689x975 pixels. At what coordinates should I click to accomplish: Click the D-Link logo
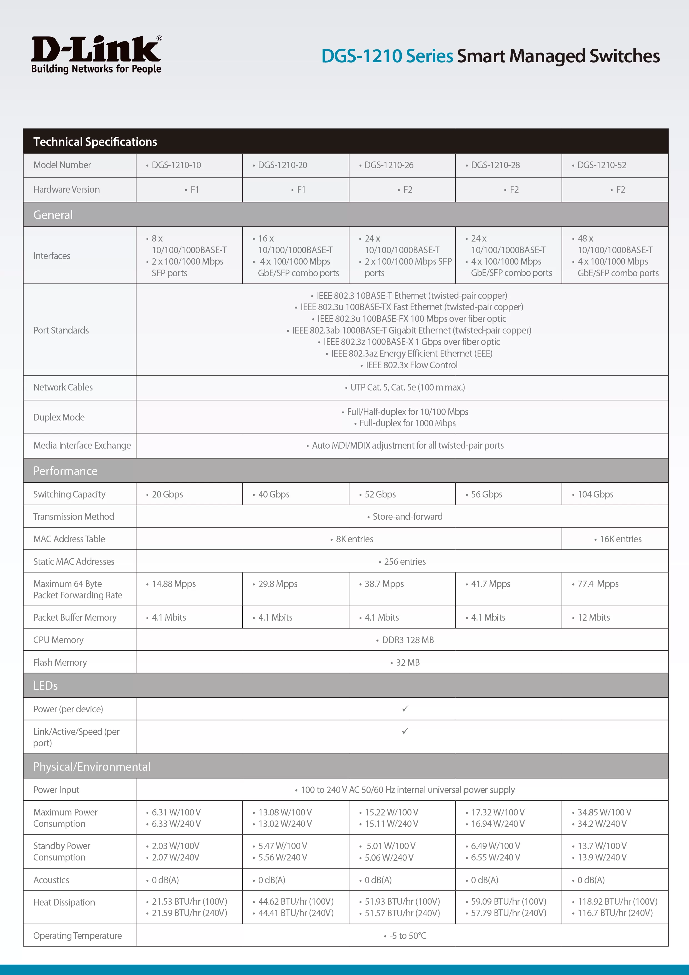click(96, 54)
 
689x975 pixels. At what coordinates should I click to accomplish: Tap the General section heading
click(53, 215)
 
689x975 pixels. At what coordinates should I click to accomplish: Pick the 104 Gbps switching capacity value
click(595, 494)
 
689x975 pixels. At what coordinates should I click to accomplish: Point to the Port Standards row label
click(61, 330)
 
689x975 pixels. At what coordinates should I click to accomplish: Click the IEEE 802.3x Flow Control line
click(411, 365)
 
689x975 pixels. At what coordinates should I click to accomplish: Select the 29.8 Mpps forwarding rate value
click(278, 584)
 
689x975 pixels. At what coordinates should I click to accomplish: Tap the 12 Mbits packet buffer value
click(593, 618)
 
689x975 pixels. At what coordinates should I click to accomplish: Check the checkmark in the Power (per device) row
click(405, 708)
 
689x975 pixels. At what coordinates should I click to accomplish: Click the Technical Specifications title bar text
click(95, 142)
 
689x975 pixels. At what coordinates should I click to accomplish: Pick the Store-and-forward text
click(407, 517)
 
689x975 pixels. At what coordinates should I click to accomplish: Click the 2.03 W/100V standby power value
click(175, 846)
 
